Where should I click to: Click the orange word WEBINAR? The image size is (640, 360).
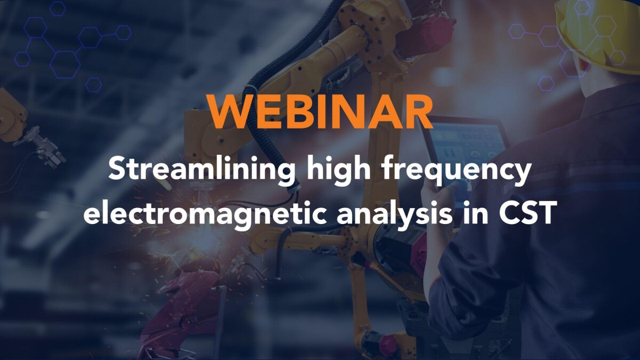pyautogui.click(x=321, y=111)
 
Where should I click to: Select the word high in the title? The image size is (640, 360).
pyautogui.click(x=338, y=170)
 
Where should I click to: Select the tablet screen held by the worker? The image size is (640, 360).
pyautogui.click(x=469, y=154)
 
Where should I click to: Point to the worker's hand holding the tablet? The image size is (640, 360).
pyautogui.click(x=437, y=197)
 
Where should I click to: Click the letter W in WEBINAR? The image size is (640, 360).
pyautogui.click(x=229, y=111)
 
